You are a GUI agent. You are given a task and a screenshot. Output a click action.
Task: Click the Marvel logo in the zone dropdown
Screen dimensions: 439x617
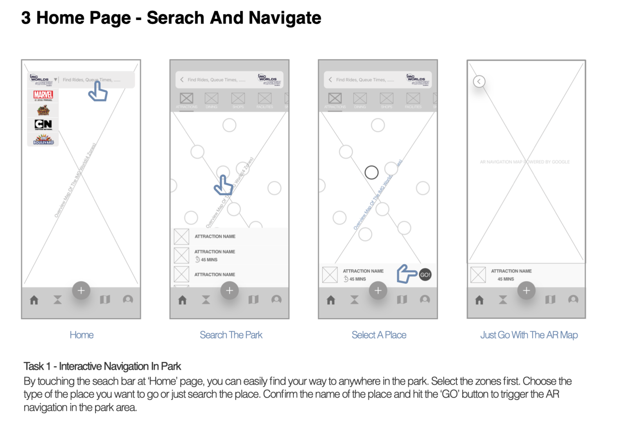point(43,95)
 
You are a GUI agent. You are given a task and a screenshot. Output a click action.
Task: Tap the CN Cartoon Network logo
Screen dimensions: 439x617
point(43,124)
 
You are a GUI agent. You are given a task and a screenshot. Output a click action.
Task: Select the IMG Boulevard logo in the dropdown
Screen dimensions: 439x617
point(43,140)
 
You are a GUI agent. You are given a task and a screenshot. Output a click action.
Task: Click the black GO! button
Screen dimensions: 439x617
point(425,275)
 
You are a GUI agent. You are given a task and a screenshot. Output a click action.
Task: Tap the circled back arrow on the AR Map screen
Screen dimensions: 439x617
point(479,81)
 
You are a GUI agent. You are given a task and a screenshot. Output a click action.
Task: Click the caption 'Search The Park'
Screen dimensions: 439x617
point(231,335)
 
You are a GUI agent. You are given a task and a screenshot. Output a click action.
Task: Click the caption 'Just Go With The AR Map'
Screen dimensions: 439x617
point(529,335)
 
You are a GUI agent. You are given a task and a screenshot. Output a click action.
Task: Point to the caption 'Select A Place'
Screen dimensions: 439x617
point(378,335)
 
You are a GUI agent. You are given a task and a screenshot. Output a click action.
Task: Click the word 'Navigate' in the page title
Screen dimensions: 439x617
point(285,18)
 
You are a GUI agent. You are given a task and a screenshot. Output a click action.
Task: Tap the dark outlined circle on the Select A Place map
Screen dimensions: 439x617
point(371,172)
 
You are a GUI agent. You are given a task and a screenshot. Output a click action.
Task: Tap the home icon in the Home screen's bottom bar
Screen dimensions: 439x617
point(34,300)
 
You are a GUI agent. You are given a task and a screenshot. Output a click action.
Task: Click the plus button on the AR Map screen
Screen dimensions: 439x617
point(526,291)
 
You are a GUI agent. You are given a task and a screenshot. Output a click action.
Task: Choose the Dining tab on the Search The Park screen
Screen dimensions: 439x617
point(212,100)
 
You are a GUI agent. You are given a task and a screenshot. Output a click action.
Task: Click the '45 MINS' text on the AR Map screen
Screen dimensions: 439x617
point(506,279)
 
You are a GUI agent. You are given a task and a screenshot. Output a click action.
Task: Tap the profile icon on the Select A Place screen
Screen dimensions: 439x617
point(425,300)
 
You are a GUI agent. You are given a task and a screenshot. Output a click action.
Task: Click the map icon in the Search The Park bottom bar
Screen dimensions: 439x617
point(253,300)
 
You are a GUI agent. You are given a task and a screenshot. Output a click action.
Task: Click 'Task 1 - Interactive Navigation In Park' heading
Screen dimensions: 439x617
point(102,366)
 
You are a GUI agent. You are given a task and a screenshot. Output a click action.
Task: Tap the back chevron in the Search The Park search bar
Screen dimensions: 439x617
point(182,79)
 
